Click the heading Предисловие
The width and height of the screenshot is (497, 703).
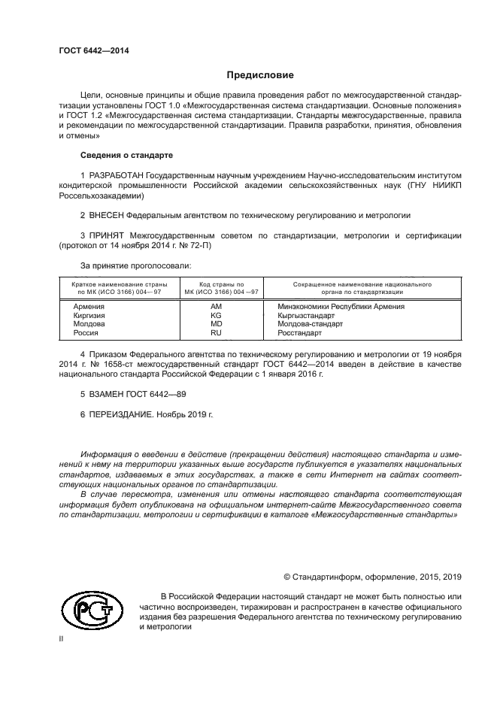pos(260,75)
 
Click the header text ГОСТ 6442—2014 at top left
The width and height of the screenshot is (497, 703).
pos(93,50)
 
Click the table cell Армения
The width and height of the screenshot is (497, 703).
pos(89,307)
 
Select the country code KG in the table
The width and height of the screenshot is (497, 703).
pos(216,315)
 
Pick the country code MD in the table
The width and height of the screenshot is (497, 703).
pos(216,323)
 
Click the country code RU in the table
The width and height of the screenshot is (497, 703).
pos(216,332)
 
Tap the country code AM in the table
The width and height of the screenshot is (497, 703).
pos(216,307)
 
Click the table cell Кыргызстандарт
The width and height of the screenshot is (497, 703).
pos(306,315)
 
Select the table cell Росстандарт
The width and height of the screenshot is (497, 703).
pos(299,332)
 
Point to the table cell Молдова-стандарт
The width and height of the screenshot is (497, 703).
pos(310,323)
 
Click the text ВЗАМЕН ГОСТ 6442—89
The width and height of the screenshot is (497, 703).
pos(133,393)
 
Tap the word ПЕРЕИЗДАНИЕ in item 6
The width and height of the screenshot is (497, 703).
pos(122,414)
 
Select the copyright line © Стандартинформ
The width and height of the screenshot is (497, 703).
pos(371,577)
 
